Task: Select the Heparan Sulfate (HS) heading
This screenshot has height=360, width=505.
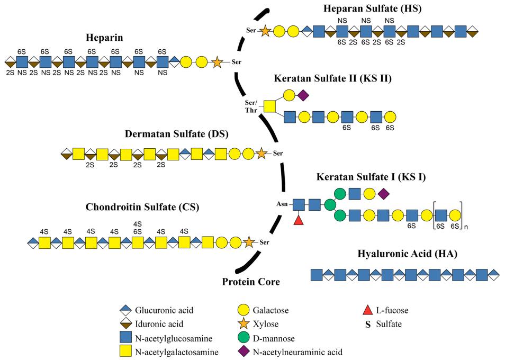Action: coord(373,9)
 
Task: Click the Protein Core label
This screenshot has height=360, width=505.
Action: coord(250,282)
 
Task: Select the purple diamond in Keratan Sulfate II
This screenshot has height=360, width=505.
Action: coord(303,96)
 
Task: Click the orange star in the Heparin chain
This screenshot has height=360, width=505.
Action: coord(216,62)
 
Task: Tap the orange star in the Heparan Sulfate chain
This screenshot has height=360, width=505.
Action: coord(265,31)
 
